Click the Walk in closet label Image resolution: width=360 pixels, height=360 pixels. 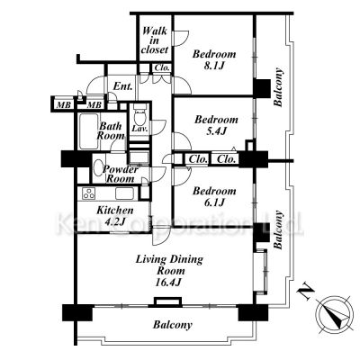[155, 40]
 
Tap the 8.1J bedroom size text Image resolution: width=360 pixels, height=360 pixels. [214, 66]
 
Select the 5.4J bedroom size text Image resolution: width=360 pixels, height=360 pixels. [216, 131]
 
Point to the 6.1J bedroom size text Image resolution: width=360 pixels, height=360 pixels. [214, 202]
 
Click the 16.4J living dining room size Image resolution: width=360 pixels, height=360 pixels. [170, 283]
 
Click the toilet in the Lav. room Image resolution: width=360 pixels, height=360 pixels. [139, 116]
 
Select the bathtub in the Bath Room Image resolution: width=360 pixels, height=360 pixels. [89, 131]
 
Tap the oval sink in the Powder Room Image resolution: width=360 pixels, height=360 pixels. [98, 168]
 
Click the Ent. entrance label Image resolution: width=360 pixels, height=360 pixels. [123, 86]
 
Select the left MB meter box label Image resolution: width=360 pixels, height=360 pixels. [64, 105]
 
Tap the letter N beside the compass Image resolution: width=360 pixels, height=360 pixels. [306, 293]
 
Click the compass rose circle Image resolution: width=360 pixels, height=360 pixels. [335, 312]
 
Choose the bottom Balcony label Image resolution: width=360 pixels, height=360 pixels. [173, 325]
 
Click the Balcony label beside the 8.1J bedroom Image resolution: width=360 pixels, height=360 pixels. [278, 87]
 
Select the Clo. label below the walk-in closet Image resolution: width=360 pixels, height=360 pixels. [162, 67]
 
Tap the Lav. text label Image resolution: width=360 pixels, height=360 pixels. [139, 130]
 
